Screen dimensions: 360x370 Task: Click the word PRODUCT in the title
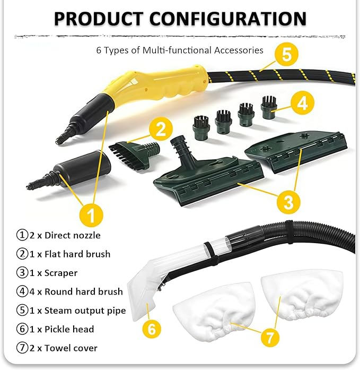click(99, 19)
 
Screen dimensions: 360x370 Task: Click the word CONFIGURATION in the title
click(228, 19)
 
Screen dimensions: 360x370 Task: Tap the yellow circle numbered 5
click(286, 54)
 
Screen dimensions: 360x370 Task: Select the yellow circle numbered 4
click(302, 103)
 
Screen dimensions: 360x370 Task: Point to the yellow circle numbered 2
click(161, 129)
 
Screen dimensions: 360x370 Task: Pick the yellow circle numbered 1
click(91, 215)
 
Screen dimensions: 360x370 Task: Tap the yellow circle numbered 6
click(152, 329)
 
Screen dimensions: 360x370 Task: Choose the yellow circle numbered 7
click(270, 337)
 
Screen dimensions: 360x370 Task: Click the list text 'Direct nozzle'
click(72, 236)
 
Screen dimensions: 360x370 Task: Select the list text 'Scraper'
click(61, 273)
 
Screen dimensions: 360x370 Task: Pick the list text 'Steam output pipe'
click(85, 311)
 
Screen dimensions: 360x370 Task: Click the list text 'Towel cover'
click(71, 348)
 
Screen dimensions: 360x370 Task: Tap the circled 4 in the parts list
click(22, 291)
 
